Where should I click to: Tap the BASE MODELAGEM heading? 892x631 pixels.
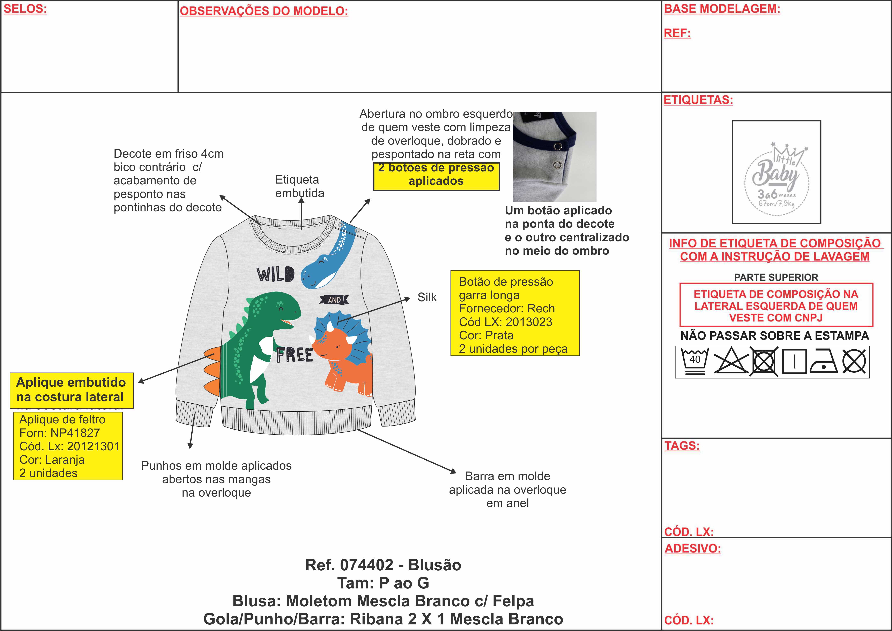click(722, 9)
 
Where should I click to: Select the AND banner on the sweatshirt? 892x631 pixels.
click(334, 299)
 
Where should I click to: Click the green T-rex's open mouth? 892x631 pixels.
click(287, 322)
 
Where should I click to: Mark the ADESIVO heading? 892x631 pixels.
click(692, 549)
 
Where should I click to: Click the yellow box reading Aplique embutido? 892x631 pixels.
click(72, 390)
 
